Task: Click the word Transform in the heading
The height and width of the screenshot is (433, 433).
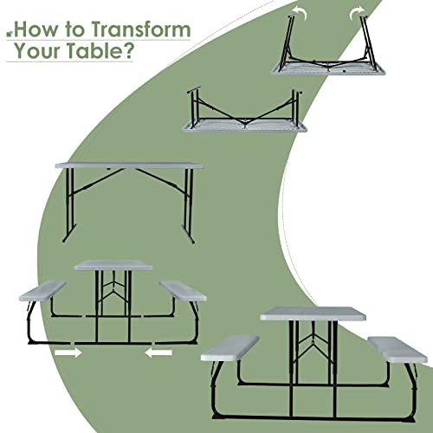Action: click(141, 29)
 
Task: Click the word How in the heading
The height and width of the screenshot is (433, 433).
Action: click(36, 29)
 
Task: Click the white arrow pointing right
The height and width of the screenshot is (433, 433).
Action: click(68, 352)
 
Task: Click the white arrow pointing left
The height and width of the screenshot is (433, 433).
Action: click(158, 352)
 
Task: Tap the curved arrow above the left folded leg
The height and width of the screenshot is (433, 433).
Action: click(299, 12)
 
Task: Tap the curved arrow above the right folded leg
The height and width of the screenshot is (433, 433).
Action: click(358, 12)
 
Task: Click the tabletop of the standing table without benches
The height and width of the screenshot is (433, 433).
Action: click(129, 165)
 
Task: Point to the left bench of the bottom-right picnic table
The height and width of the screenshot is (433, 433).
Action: click(229, 348)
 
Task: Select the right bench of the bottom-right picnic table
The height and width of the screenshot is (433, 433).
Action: click(397, 350)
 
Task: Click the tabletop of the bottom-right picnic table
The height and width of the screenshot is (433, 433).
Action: click(313, 313)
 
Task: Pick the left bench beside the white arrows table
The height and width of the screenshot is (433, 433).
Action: click(42, 291)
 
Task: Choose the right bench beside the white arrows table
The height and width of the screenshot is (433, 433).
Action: click(183, 291)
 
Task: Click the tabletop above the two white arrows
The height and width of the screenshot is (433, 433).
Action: click(113, 265)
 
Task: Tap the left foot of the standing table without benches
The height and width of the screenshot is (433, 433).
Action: click(69, 233)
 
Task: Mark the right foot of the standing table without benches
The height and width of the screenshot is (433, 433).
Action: click(188, 234)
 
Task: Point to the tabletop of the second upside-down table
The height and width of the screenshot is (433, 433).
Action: click(245, 126)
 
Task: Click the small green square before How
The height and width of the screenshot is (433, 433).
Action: click(10, 34)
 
